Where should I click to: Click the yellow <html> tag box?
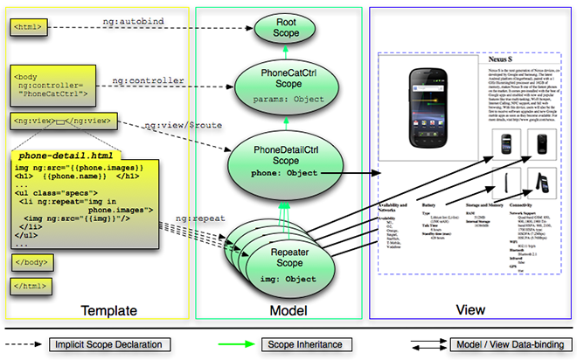(x=27, y=28)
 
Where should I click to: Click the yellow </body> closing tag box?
(x=31, y=261)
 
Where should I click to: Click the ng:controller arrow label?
(x=148, y=80)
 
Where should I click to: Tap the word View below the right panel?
(x=471, y=310)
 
